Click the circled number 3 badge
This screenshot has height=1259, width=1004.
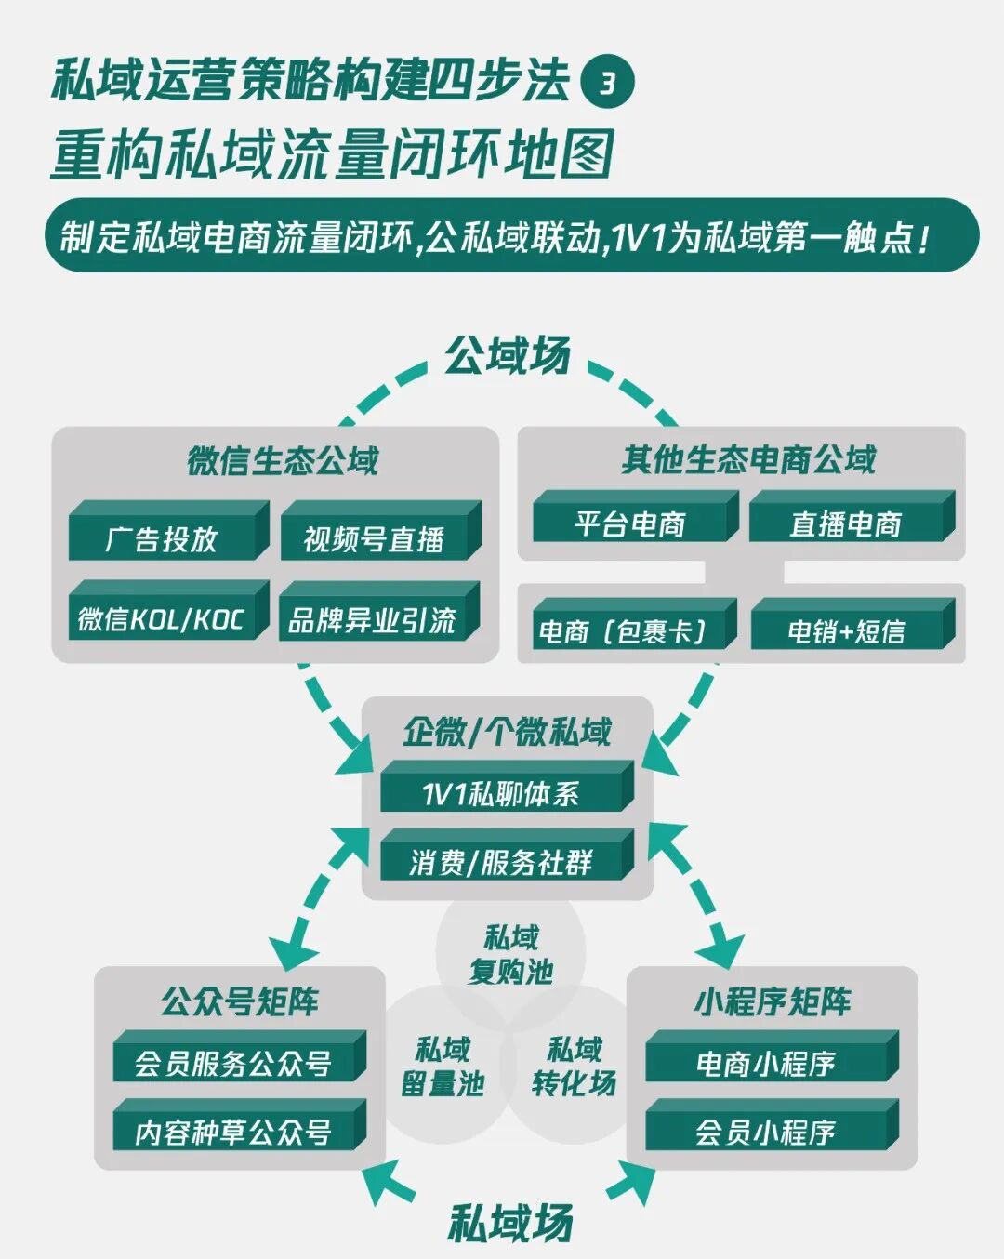(x=607, y=83)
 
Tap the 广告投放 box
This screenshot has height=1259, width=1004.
(x=163, y=538)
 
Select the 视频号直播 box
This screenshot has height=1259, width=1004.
(x=375, y=538)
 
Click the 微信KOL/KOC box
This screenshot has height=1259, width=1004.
(x=163, y=618)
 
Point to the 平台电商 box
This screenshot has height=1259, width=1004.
(x=630, y=523)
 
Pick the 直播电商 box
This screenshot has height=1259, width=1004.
(x=846, y=523)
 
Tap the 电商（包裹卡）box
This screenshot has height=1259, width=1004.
(x=630, y=631)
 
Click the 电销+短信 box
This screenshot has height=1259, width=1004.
(x=846, y=631)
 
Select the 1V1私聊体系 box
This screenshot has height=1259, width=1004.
(x=501, y=793)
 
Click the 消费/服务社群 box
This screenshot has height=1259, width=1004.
(x=501, y=862)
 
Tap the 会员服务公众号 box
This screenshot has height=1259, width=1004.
(x=233, y=1063)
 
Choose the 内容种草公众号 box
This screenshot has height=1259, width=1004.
(x=233, y=1132)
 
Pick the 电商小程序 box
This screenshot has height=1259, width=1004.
(x=766, y=1063)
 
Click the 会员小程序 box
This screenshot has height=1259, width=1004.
(x=766, y=1132)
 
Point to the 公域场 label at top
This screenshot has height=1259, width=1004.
(x=507, y=355)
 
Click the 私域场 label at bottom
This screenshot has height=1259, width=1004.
(x=510, y=1222)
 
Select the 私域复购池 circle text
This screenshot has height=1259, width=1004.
(x=511, y=954)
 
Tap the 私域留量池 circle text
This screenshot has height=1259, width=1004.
(x=443, y=1067)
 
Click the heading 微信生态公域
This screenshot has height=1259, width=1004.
(x=283, y=460)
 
